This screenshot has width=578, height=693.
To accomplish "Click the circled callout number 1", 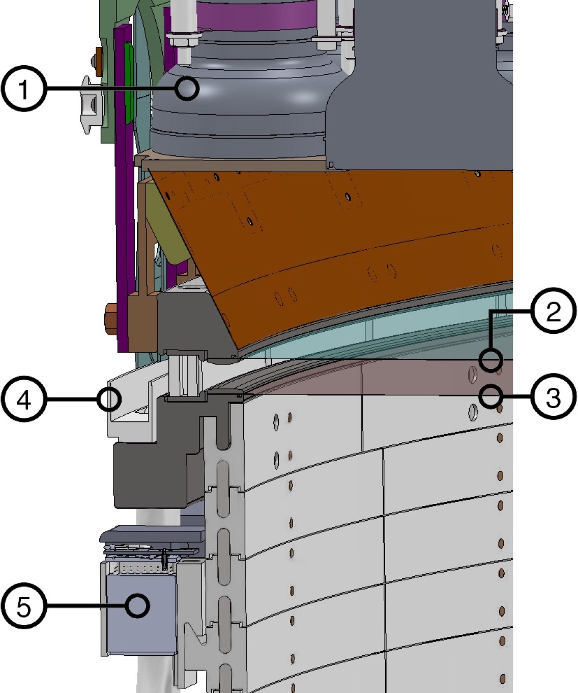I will pyautogui.click(x=23, y=90).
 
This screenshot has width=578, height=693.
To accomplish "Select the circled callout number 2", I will pyautogui.click(x=554, y=311).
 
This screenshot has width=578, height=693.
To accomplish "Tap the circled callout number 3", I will pyautogui.click(x=554, y=397).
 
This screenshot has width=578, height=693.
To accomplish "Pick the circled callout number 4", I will pyautogui.click(x=23, y=400).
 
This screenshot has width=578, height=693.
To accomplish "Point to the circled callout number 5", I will pyautogui.click(x=23, y=607).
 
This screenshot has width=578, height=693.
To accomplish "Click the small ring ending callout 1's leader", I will pyautogui.click(x=188, y=89).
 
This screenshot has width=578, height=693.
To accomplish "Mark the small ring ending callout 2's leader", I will pyautogui.click(x=492, y=360).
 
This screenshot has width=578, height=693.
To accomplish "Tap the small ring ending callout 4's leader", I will pyautogui.click(x=109, y=399).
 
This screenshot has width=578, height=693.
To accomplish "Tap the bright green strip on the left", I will pyautogui.click(x=128, y=82).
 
